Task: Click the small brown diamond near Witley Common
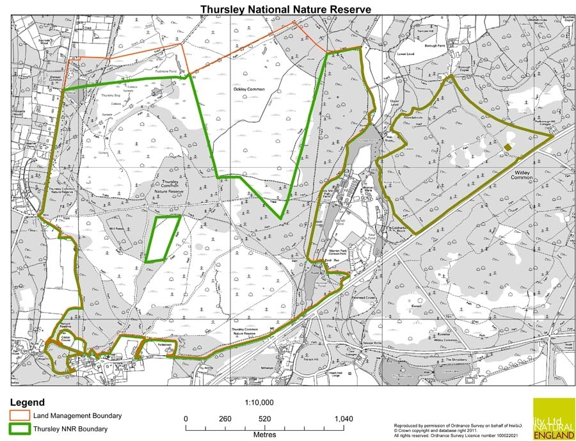pos(508,147)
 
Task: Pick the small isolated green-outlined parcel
pos(162,239)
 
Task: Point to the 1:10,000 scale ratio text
pos(260,403)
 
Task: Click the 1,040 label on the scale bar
pos(344,419)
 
